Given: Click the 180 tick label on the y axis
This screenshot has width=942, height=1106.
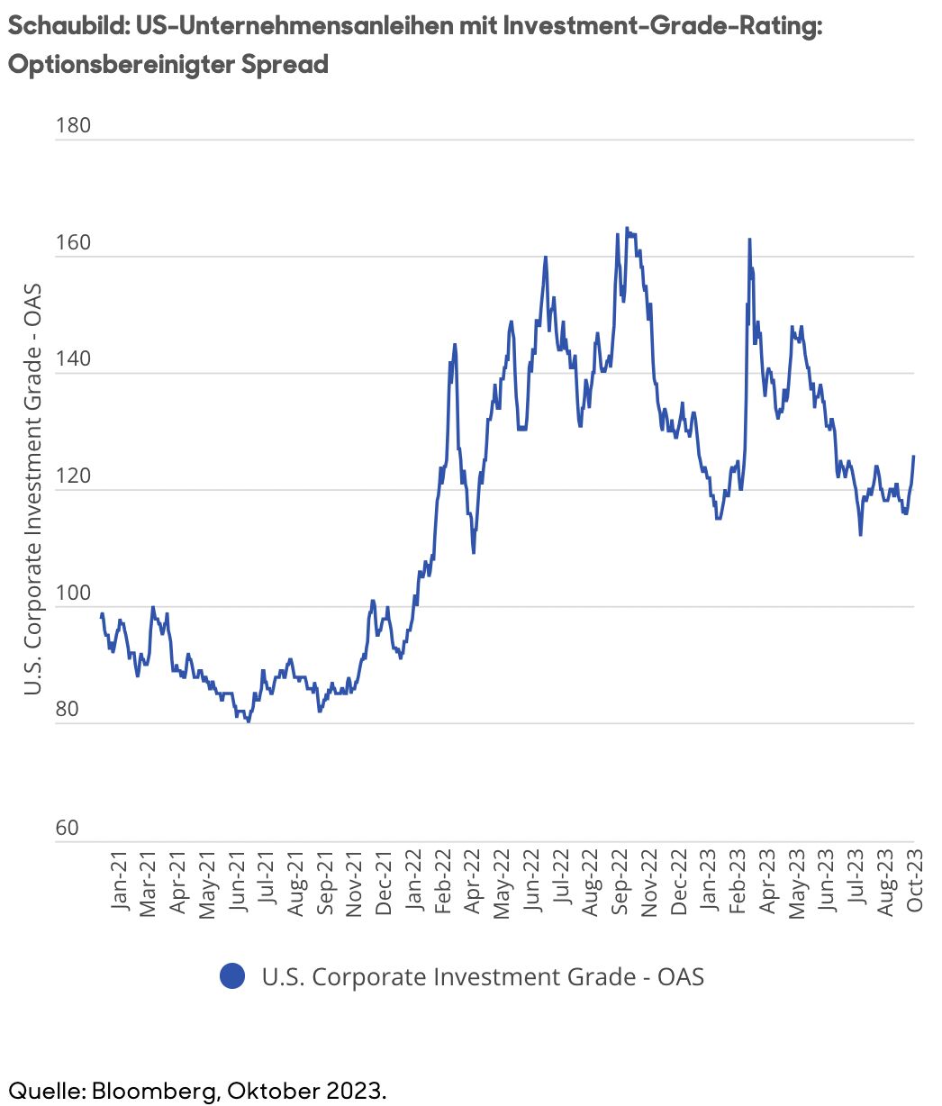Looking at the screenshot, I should coord(74,125).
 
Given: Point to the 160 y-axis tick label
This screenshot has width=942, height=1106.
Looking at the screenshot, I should coord(74,242).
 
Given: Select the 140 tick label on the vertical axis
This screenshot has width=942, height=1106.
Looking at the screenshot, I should coord(74,358).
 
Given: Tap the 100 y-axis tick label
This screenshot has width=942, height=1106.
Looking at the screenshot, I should coord(74,593).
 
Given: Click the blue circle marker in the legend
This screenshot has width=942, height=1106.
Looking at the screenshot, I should coord(232,975).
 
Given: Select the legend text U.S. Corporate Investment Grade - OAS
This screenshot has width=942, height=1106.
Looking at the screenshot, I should coord(483,976).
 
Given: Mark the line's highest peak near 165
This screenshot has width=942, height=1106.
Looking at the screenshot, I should coord(627,228).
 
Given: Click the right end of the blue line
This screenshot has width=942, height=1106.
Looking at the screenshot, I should coord(913,456).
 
